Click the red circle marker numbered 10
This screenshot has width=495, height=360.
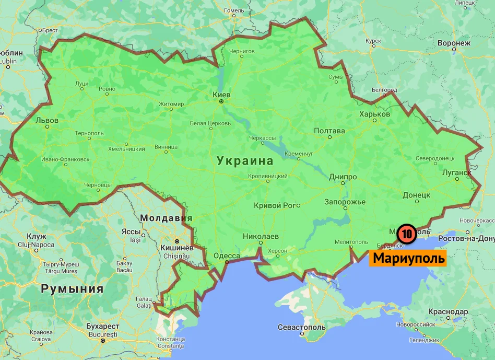406,234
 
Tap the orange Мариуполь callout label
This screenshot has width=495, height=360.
409,258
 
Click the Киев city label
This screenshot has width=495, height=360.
221,94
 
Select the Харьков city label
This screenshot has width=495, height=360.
374,114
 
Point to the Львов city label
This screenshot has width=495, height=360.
46,120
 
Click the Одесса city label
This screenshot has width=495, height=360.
227,256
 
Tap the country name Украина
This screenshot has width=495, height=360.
245,160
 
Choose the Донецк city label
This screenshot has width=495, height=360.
416,195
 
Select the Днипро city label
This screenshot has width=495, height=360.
343,177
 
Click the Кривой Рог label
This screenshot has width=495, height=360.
275,205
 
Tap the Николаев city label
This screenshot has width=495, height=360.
261,236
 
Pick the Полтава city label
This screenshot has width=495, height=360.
329,131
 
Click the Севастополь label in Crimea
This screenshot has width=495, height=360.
302,328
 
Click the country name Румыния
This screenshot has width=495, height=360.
72,288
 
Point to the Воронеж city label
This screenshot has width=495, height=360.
454,43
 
